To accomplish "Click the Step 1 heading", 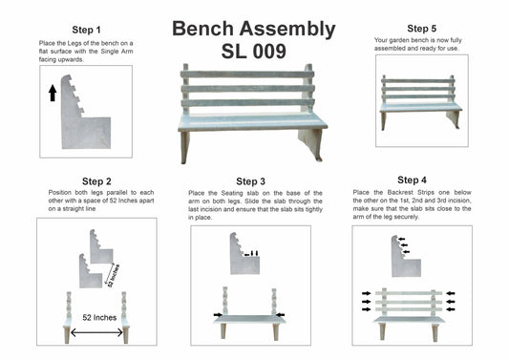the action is pos(86,30).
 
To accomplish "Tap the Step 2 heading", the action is pos(96,181).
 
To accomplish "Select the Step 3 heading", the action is pos(250,181).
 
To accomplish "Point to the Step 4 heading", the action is pos(412,180).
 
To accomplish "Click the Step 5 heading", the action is pos(422,29).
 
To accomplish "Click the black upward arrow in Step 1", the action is pos(53,93).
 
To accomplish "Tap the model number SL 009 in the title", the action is pos(253,52).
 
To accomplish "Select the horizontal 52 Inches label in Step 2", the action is pos(99,317).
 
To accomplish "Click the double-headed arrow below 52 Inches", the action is pos(96,332).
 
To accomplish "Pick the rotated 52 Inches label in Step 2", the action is pos(114,276).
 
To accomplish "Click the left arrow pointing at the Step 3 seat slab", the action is pos(218,314).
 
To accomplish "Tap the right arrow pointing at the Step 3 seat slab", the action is pos(280,314).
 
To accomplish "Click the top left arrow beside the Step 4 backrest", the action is pos(366,293).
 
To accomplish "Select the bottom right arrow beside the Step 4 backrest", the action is pos(451,309).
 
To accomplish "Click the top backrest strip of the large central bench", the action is pos(247,74).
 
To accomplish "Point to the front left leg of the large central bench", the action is pos(184,148).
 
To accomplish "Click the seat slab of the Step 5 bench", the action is pos(421,107).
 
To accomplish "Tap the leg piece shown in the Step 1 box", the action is pos(85,113).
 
